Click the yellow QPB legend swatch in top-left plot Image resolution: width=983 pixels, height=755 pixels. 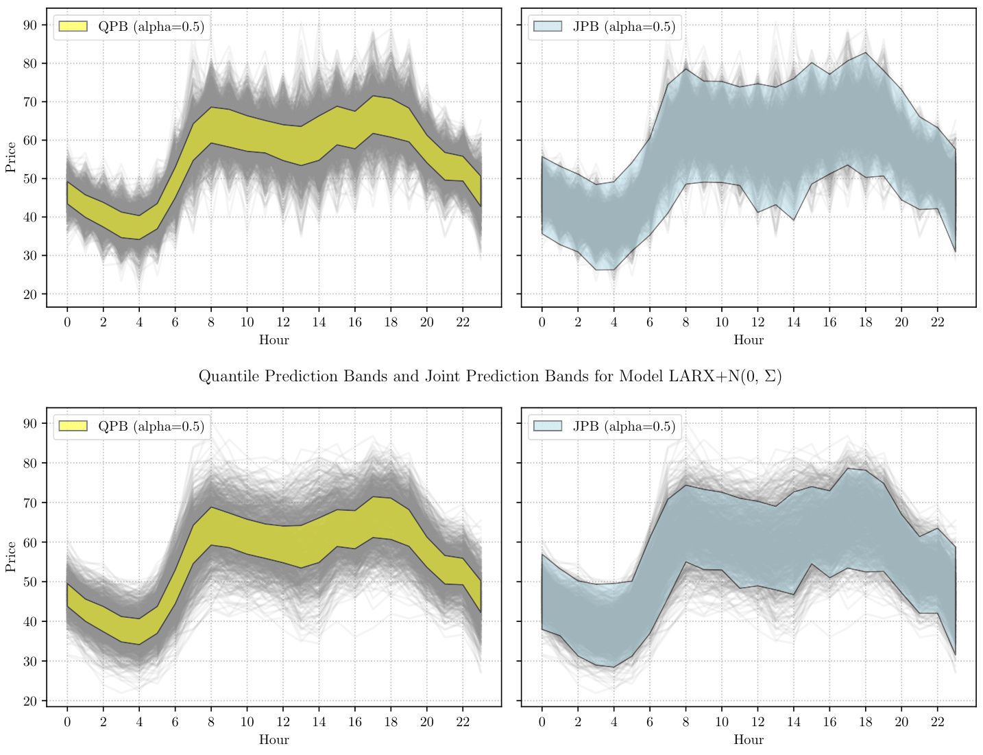click(73, 27)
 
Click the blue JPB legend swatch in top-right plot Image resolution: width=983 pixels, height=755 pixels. click(548, 27)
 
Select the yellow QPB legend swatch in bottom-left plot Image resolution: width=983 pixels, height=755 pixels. click(73, 426)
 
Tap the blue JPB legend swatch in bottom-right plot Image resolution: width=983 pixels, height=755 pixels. click(548, 426)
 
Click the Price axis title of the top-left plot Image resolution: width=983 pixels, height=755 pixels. click(10, 157)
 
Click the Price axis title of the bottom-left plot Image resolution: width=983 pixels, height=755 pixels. click(10, 556)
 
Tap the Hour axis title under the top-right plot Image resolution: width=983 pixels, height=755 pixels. click(748, 340)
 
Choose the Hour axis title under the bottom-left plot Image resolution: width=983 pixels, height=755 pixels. click(274, 740)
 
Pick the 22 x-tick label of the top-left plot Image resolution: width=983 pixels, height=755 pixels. click(463, 322)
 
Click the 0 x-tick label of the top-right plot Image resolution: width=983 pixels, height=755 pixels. click(542, 322)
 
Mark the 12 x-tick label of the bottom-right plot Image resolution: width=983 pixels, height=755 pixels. click(757, 722)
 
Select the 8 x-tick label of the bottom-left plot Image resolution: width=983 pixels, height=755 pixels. click(211, 722)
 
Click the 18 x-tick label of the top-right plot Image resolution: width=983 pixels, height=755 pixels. click(865, 322)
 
